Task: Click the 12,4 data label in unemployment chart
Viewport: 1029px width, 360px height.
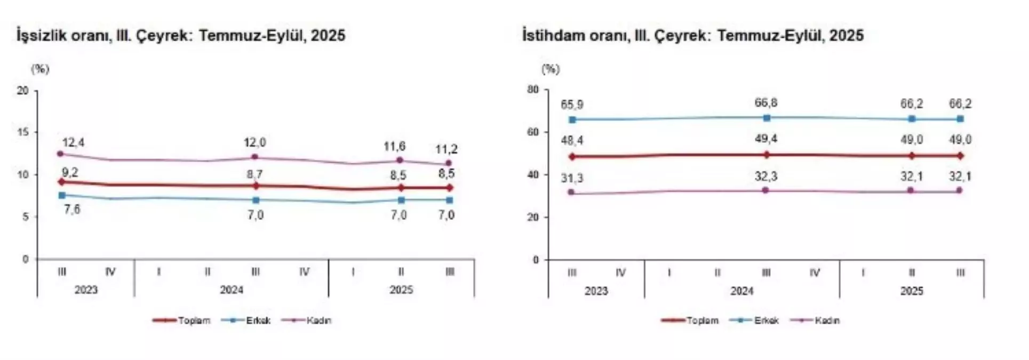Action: pos(73,143)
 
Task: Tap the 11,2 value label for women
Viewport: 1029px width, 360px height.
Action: pos(446,149)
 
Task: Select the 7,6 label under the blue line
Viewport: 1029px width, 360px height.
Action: pos(72,210)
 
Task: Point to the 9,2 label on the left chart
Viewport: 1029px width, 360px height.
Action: pos(70,173)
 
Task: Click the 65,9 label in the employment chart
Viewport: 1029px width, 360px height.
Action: pos(572,105)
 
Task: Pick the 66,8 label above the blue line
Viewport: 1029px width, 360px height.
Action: pos(766,103)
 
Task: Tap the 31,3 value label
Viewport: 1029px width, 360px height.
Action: pos(572,178)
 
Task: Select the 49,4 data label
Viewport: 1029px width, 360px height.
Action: pos(766,139)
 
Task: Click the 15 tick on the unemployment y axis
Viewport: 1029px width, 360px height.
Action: pos(23,132)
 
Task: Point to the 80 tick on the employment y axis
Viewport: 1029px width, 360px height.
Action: pos(533,90)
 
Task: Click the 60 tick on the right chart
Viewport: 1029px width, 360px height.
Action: pos(533,132)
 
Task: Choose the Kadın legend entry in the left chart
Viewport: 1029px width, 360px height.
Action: pos(318,321)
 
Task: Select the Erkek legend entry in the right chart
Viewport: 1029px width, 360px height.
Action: pos(766,321)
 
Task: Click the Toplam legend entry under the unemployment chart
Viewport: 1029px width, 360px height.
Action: pos(194,321)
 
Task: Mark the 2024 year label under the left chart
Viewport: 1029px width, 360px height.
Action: pos(231,290)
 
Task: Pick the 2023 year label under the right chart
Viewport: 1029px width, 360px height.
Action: pos(596,291)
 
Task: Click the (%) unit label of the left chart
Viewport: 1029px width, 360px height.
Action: pos(40,69)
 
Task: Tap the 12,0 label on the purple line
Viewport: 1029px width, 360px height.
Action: pos(254,143)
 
